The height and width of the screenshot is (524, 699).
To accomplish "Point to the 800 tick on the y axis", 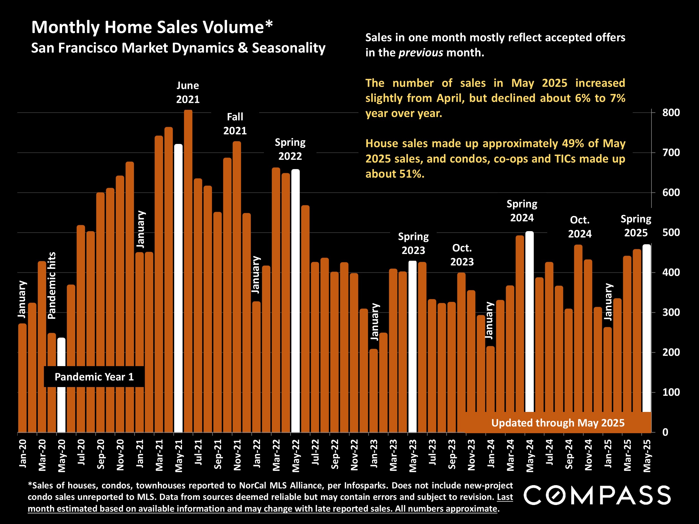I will pos(671,113).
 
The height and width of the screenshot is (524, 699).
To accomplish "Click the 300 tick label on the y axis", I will pos(671,312).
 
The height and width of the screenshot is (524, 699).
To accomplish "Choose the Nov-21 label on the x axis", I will pos(237,455).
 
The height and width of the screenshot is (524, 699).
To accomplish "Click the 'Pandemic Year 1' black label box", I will pos(94,377).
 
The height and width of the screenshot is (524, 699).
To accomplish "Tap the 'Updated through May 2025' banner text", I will pos(558,423).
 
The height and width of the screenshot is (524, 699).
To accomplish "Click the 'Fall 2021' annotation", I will pos(235,124).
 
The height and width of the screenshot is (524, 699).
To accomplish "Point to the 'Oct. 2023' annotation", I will pos(462,255).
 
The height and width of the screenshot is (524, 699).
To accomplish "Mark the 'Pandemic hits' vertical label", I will pos(51,286).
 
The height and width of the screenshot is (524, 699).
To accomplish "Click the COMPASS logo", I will pos(597,495).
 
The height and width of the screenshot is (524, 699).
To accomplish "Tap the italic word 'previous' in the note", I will pos(421,53).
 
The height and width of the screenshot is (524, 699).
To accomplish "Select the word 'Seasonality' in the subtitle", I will pos(289,48).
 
